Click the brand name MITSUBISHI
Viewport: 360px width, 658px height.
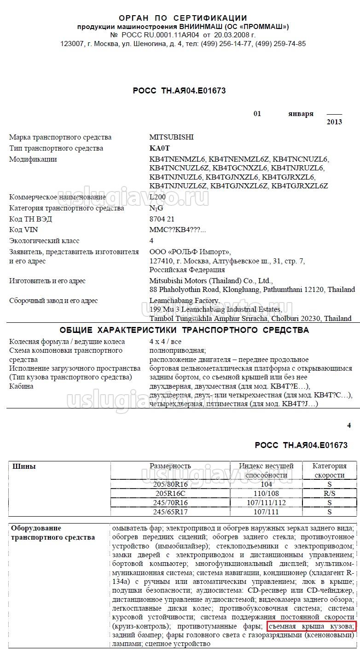(x=171, y=137)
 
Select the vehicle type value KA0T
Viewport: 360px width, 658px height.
(x=159, y=148)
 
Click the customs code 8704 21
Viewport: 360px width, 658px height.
(x=162, y=219)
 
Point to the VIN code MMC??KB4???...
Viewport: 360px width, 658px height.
(x=177, y=230)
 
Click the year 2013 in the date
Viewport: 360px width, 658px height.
(x=334, y=122)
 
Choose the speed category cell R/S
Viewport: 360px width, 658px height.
(x=329, y=494)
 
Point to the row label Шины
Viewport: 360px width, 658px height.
(x=23, y=466)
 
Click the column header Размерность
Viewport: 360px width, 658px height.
(x=170, y=466)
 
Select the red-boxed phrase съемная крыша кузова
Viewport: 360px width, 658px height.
(x=311, y=626)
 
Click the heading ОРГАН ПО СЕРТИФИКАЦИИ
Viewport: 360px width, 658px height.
(x=183, y=18)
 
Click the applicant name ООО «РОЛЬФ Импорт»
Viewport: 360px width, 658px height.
(x=190, y=252)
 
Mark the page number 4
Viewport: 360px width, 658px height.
(x=349, y=425)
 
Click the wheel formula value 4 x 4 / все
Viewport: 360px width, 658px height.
(x=165, y=342)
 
